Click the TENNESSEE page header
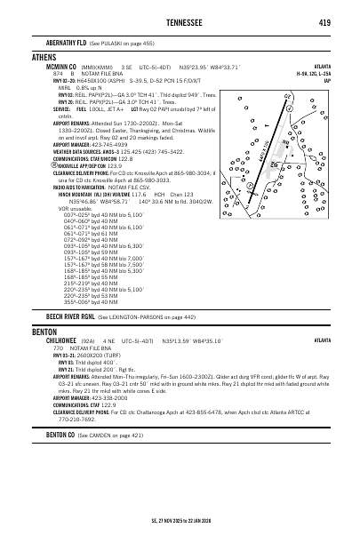click(180, 21)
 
